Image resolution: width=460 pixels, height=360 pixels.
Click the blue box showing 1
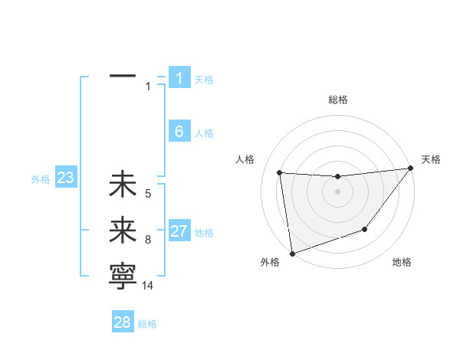point(179,78)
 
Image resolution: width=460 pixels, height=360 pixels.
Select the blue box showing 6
point(179,132)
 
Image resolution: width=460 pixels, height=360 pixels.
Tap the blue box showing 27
point(179,231)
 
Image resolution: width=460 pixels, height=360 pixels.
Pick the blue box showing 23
point(66,178)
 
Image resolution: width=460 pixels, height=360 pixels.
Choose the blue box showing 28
point(123,322)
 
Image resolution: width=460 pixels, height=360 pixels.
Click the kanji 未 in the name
point(123,185)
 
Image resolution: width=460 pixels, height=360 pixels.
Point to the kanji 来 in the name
point(123,231)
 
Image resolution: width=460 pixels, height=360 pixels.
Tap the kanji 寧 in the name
point(123,276)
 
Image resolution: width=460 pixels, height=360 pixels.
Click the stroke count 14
point(148,285)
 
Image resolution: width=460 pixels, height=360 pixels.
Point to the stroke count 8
point(148,240)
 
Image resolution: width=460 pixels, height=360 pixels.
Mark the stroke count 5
point(148,194)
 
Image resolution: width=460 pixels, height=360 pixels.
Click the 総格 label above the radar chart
point(337,100)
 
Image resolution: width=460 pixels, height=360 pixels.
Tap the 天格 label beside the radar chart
point(431,159)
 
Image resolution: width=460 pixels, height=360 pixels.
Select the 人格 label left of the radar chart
point(244,159)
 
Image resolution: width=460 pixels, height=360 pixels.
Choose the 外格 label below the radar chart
point(270,262)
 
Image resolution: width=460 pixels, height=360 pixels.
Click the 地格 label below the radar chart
point(402,262)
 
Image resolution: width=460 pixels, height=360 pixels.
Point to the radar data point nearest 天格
point(410,169)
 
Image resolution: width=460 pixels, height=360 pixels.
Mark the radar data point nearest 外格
point(292,253)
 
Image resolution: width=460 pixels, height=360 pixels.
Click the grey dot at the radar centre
point(337,191)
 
